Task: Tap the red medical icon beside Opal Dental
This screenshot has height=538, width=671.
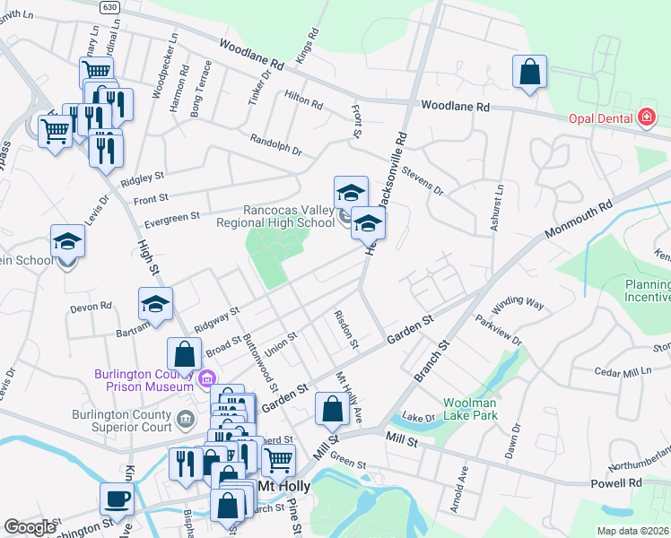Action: [646, 118]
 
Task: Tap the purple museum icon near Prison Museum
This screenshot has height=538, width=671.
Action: [208, 379]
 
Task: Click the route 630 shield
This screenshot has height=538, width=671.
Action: [109, 7]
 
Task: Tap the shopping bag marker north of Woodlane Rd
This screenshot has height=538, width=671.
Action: [530, 72]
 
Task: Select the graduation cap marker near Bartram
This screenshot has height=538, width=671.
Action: [155, 304]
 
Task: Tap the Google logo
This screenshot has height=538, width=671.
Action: [30, 527]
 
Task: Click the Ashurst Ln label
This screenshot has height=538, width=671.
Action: [496, 206]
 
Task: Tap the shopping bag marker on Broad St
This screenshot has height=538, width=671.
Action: [184, 354]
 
